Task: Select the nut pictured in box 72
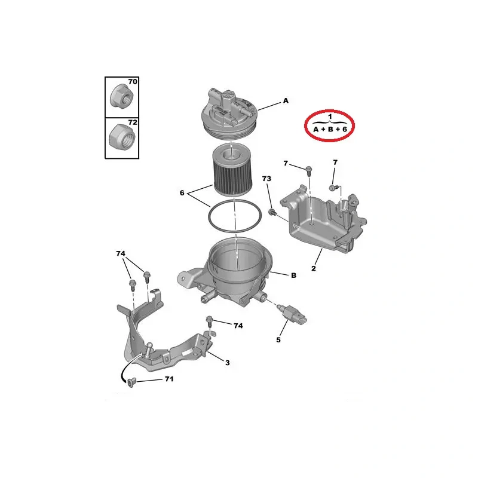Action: point(122,137)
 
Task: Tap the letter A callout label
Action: point(286,100)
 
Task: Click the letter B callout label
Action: point(293,275)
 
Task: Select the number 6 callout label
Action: point(182,192)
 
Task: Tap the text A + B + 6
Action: point(330,129)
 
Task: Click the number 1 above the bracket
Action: point(330,117)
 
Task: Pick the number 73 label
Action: point(266,179)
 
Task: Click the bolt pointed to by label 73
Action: point(272,212)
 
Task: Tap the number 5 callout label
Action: point(278,339)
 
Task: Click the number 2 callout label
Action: point(313,268)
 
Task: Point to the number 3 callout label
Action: point(228,363)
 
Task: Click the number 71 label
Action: point(169,379)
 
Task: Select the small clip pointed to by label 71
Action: point(131,382)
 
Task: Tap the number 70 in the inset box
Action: point(133,82)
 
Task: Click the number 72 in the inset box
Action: point(133,122)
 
